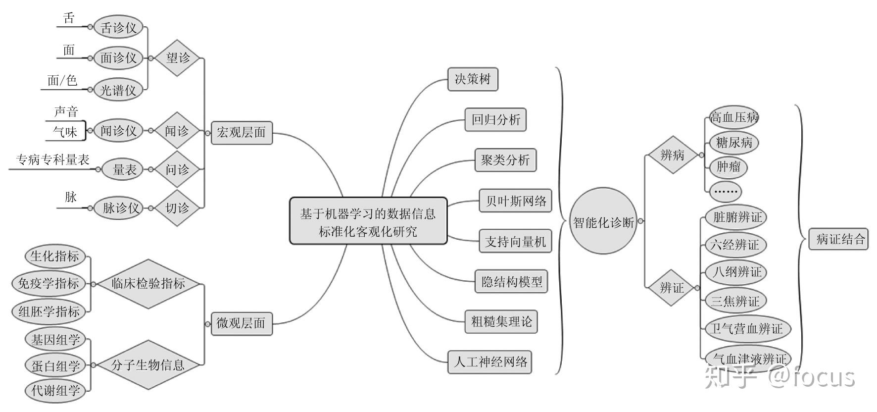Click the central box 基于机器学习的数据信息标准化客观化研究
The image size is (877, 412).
(368, 221)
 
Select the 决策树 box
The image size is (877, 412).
(472, 79)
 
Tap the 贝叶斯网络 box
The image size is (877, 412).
(515, 201)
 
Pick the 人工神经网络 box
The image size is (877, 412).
(490, 362)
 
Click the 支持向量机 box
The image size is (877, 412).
(515, 241)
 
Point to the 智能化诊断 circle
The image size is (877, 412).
(603, 221)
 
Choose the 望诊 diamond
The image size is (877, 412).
(178, 58)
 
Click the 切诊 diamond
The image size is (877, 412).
(177, 208)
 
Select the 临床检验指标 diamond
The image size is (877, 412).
(148, 284)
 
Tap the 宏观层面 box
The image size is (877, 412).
(242, 132)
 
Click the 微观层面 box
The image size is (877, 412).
(242, 324)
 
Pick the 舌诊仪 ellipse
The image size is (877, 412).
(118, 27)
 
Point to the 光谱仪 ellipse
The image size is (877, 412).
(118, 90)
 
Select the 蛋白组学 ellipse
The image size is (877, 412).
(55, 365)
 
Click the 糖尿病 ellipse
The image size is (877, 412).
(734, 143)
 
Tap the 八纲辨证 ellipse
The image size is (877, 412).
(736, 272)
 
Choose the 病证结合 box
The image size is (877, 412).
(839, 239)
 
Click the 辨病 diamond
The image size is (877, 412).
(672, 155)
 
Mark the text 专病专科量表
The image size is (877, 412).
(53, 160)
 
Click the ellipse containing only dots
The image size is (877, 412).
(725, 191)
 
